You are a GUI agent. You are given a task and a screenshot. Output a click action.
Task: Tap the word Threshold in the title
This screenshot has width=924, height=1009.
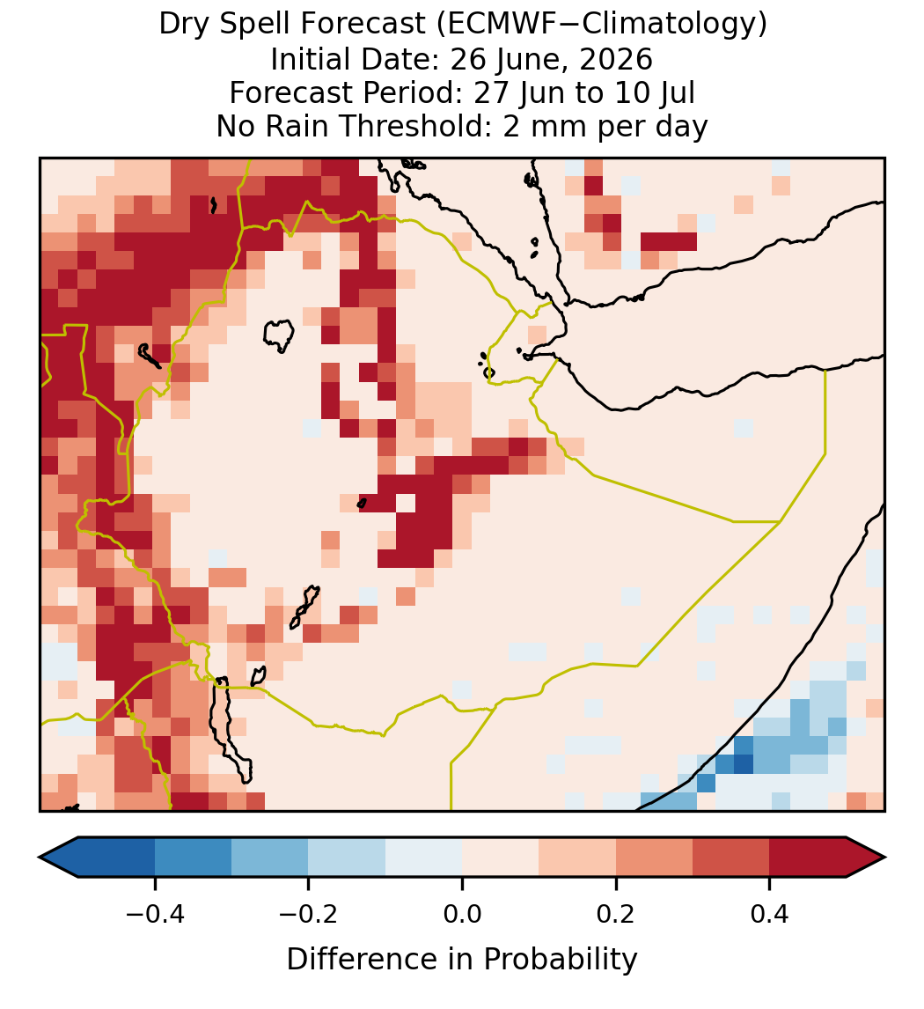click(415, 126)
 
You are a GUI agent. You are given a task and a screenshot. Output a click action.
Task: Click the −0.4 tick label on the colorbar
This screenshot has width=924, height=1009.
click(154, 913)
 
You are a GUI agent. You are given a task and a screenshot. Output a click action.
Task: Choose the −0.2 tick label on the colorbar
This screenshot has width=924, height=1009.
click(308, 913)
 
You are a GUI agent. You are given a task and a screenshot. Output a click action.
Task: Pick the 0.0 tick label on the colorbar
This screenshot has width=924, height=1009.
click(462, 913)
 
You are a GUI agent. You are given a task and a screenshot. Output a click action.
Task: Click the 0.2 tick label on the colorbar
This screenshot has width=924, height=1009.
click(616, 913)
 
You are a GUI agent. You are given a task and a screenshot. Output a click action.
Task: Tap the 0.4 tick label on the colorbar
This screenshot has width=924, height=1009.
click(770, 913)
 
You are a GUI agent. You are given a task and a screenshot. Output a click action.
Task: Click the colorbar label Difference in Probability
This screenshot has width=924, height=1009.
click(462, 960)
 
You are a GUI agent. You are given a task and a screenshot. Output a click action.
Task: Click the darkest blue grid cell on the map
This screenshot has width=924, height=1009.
click(744, 764)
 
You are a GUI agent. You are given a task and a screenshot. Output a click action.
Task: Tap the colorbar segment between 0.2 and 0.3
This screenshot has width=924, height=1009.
click(654, 858)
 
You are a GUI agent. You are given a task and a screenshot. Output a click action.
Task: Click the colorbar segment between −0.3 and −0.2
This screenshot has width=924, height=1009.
click(270, 858)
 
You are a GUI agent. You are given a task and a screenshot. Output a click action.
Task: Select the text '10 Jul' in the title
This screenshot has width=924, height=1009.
click(655, 92)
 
